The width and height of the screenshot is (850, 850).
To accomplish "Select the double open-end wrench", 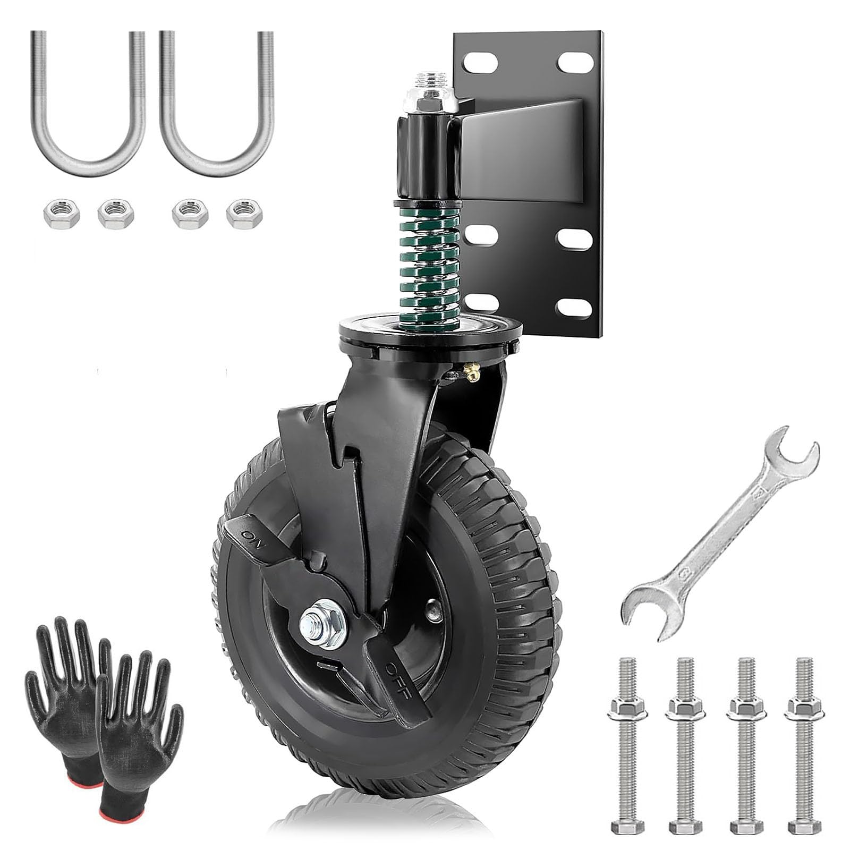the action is coord(720,537).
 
